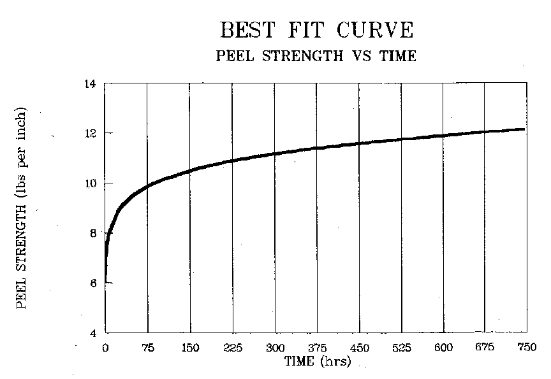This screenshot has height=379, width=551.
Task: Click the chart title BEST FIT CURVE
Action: [316, 30]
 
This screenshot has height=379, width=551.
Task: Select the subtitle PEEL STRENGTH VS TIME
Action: [316, 56]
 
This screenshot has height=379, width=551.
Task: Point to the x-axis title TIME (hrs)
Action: [316, 361]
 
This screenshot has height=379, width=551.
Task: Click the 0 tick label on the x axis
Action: [105, 348]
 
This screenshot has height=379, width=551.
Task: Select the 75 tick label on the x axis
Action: [148, 348]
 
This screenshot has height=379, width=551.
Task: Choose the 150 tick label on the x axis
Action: [190, 348]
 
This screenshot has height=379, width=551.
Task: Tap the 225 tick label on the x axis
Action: [232, 348]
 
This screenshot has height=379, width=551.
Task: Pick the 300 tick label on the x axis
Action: [274, 348]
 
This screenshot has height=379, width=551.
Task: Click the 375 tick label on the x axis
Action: [317, 348]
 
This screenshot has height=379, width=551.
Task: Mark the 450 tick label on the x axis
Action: [359, 348]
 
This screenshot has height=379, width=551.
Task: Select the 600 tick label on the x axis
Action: [443, 348]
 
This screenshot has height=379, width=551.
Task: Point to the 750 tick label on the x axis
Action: [527, 348]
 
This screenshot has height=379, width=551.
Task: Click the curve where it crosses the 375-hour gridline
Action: [317, 148]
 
